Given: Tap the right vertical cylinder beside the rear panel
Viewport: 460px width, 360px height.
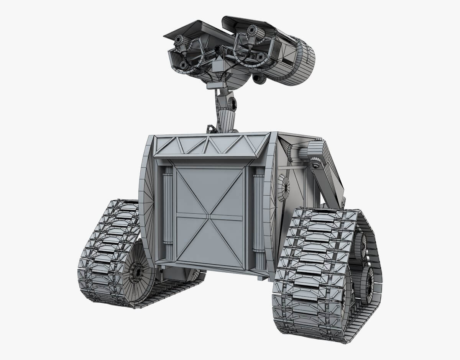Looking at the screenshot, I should (260, 218).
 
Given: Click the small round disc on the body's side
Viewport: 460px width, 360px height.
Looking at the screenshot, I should (283, 188).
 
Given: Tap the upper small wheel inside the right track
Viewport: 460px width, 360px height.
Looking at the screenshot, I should (360, 245).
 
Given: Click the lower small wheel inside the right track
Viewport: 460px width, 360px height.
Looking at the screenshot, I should (367, 285).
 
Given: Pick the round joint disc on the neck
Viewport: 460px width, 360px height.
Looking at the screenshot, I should (232, 104).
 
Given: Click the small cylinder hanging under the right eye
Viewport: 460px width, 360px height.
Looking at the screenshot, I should (259, 79).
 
